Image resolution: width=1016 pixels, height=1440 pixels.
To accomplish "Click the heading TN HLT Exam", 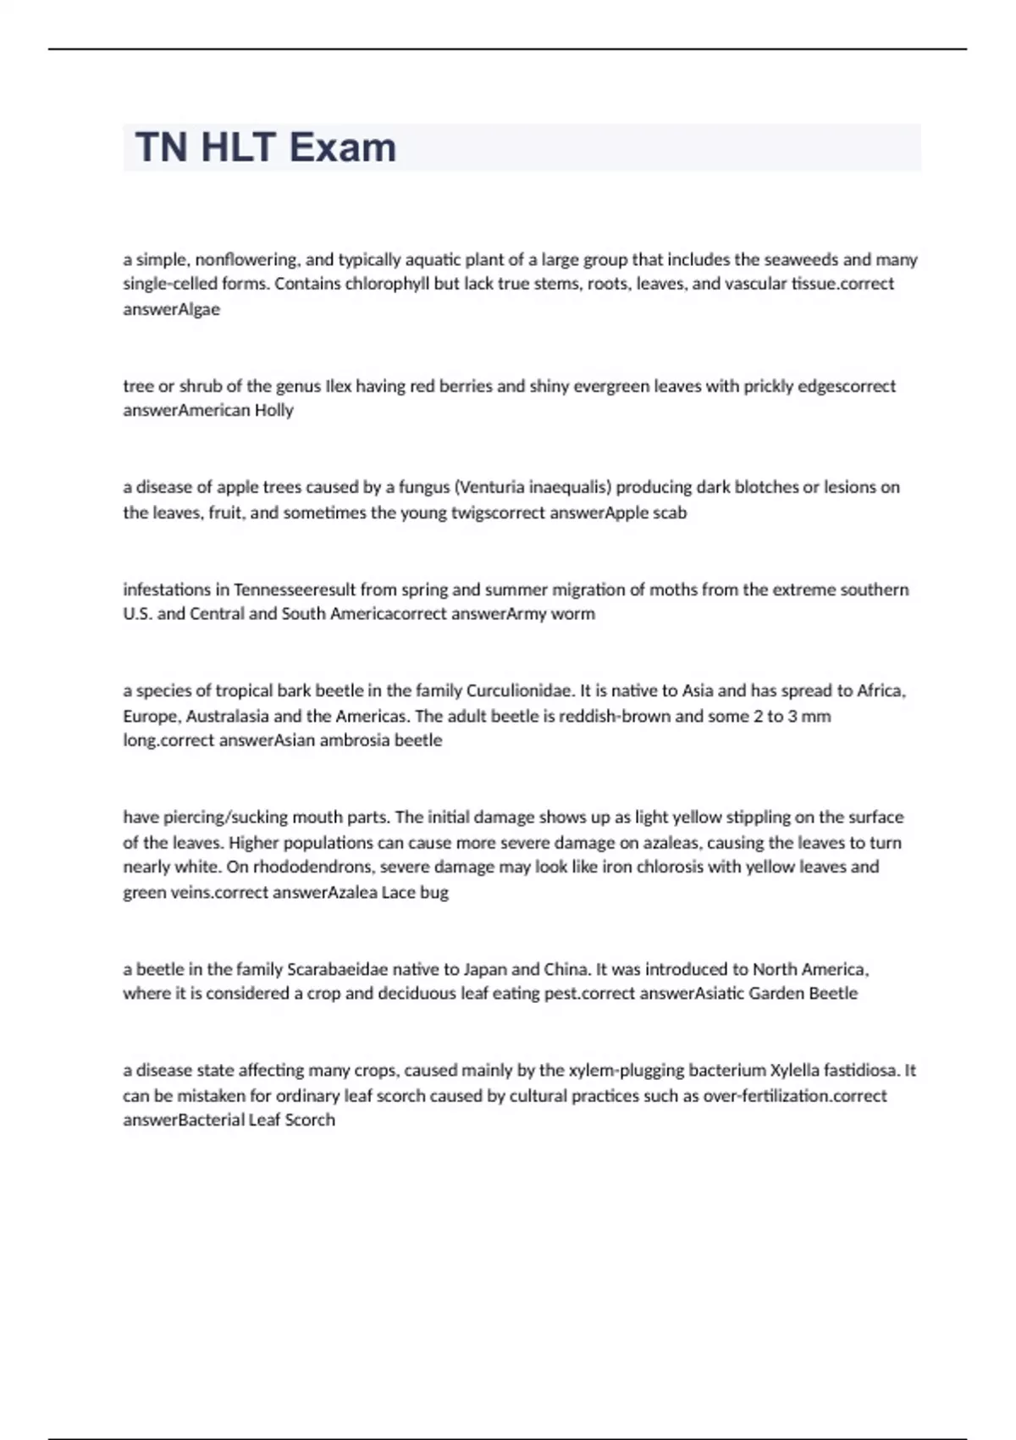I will pyautogui.click(x=265, y=147).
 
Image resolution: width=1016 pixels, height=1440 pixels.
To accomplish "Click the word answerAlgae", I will pyautogui.click(x=171, y=309).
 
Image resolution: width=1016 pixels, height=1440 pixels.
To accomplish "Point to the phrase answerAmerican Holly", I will pyautogui.click(x=208, y=411).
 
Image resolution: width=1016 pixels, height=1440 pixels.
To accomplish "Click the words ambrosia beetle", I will pyautogui.click(x=392, y=740).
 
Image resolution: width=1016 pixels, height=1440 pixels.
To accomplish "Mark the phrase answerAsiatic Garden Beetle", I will pyautogui.click(x=748, y=994).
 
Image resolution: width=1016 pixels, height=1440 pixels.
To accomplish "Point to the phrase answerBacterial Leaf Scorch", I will pyautogui.click(x=229, y=1120).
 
